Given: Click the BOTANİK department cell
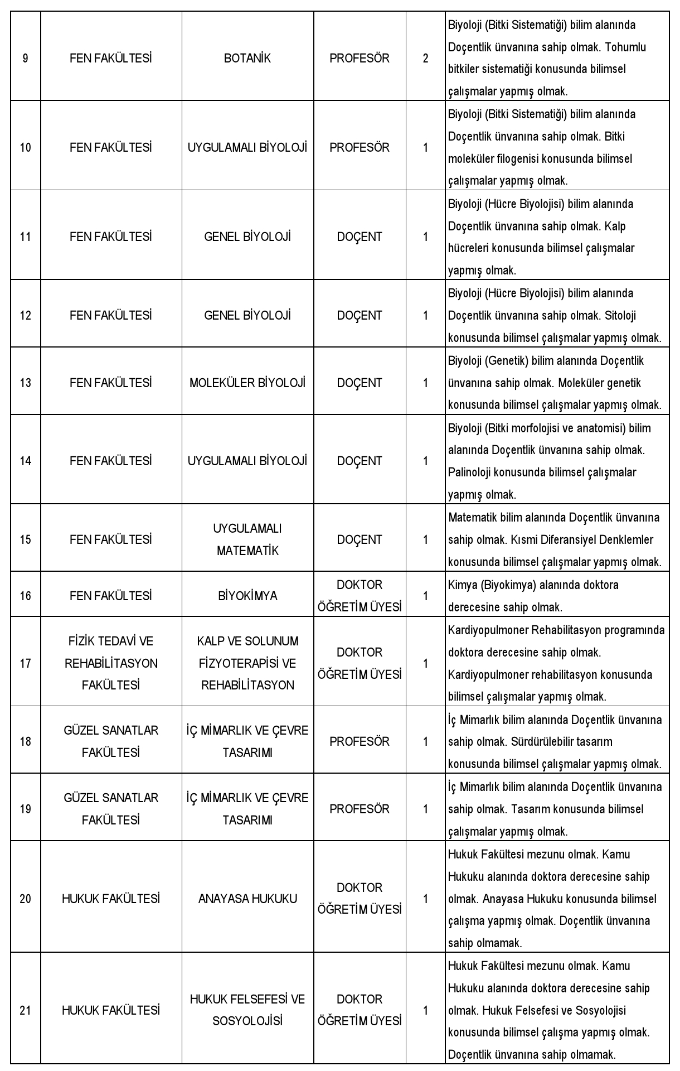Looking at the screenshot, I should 247,58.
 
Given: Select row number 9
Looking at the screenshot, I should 26,58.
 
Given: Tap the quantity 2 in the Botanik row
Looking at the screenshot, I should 425,58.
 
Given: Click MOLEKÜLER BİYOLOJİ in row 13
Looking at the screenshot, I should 247,383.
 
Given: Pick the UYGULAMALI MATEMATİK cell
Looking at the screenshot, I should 247,539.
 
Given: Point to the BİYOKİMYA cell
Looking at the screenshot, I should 247,596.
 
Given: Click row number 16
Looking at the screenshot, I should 26,596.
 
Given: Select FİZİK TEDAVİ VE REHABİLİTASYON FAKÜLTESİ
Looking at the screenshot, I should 111,663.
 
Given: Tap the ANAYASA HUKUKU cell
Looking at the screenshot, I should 247,899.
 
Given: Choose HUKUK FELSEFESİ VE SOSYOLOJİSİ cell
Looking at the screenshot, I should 247,1010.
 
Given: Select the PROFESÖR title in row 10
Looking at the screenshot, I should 360,147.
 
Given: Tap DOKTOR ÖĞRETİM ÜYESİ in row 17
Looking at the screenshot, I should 360,663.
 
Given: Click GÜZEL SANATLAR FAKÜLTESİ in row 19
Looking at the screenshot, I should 111,809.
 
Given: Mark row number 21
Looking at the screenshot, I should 26,1010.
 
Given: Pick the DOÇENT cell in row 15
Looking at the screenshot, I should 360,539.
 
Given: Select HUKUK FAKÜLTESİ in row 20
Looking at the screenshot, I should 111,899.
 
